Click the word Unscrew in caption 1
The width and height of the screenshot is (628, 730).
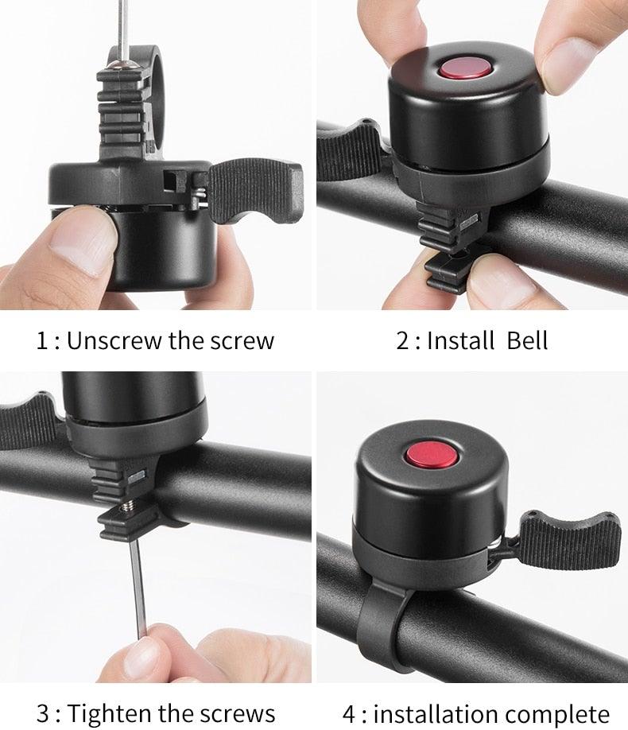(x=114, y=340)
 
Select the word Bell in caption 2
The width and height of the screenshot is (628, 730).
(x=527, y=340)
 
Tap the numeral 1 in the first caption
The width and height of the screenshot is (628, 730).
(x=42, y=340)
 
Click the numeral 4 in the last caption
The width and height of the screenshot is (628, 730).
(x=349, y=713)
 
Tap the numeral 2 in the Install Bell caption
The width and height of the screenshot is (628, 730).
(x=403, y=340)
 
